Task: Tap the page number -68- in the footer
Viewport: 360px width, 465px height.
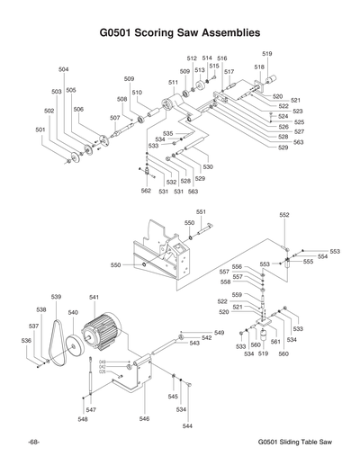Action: point(32,443)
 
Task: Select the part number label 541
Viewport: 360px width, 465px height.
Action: point(94,297)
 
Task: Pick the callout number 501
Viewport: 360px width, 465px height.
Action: point(40,130)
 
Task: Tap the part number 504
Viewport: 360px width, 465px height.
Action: point(64,69)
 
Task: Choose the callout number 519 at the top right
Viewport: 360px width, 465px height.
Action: point(267,54)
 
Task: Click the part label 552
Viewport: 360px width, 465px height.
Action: point(284,215)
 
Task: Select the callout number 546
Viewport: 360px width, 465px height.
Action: point(143,418)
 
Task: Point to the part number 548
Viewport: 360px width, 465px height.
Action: point(82,419)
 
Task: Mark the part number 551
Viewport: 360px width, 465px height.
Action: point(201,211)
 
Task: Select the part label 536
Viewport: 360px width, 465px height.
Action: point(27,341)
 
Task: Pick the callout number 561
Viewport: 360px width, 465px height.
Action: point(275,342)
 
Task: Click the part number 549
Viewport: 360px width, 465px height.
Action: point(219,333)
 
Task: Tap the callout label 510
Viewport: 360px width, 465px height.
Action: point(137,93)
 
